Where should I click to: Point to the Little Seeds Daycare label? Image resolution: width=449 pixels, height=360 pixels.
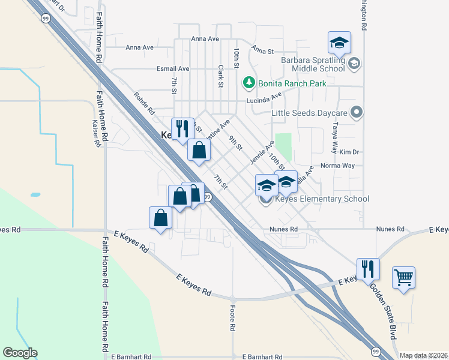click(310, 112)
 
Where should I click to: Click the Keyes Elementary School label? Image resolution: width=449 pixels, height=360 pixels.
click(322, 199)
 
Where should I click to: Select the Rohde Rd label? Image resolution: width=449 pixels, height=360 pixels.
click(144, 103)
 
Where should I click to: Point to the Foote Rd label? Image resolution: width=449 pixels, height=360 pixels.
click(232, 317)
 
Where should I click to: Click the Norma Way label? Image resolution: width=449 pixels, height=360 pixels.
click(338, 166)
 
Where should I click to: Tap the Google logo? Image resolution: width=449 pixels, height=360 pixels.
click(20, 353)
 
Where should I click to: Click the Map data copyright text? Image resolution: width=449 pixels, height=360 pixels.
click(423, 355)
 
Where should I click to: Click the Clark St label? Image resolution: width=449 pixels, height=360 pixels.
click(220, 76)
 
